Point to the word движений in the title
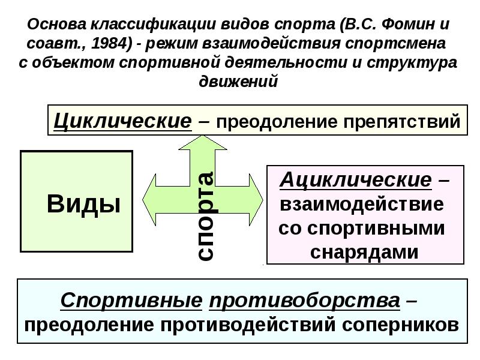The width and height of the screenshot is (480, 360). coord(238,82)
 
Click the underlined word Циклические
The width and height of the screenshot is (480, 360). coord(123,121)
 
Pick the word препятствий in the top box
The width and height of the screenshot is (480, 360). coord(402,122)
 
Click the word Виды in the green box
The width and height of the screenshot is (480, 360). coord(83,204)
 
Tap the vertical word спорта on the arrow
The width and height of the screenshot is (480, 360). coord(206,216)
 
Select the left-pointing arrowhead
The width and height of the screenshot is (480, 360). coord(149,200)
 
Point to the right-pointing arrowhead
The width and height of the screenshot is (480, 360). coord(256,200)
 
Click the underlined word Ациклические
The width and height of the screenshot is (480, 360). coord(356,179)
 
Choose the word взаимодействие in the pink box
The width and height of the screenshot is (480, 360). coord(362,204)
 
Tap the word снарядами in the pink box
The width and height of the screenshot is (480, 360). coord(364,253)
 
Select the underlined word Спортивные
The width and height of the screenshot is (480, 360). coord(131,301)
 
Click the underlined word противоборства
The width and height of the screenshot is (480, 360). coord(305,301)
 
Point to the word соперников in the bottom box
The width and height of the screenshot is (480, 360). coord(400,325)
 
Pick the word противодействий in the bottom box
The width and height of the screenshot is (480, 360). coord(248,325)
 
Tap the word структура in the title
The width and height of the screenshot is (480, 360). coord(412,63)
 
